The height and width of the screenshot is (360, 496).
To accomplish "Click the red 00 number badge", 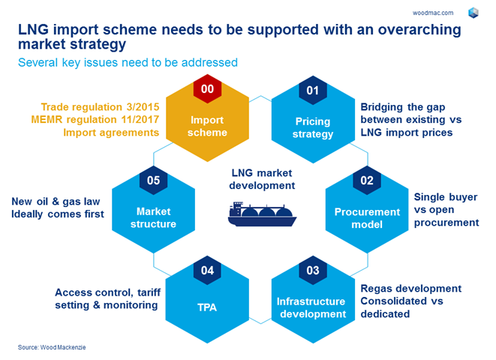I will (x=207, y=89).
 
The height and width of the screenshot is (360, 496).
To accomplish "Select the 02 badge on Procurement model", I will (x=366, y=181).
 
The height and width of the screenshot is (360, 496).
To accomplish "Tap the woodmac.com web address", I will (x=433, y=12).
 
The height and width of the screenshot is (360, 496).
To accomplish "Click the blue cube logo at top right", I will (x=473, y=12).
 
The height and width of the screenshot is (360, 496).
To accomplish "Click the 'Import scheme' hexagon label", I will (x=208, y=126).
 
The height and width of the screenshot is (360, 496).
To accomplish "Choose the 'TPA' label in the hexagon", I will (x=207, y=306).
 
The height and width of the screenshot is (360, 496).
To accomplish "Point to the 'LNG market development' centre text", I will (x=261, y=179).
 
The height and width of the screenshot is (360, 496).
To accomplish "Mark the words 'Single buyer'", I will (x=446, y=197).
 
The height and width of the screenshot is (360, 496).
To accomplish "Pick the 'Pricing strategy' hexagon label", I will (x=313, y=127).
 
